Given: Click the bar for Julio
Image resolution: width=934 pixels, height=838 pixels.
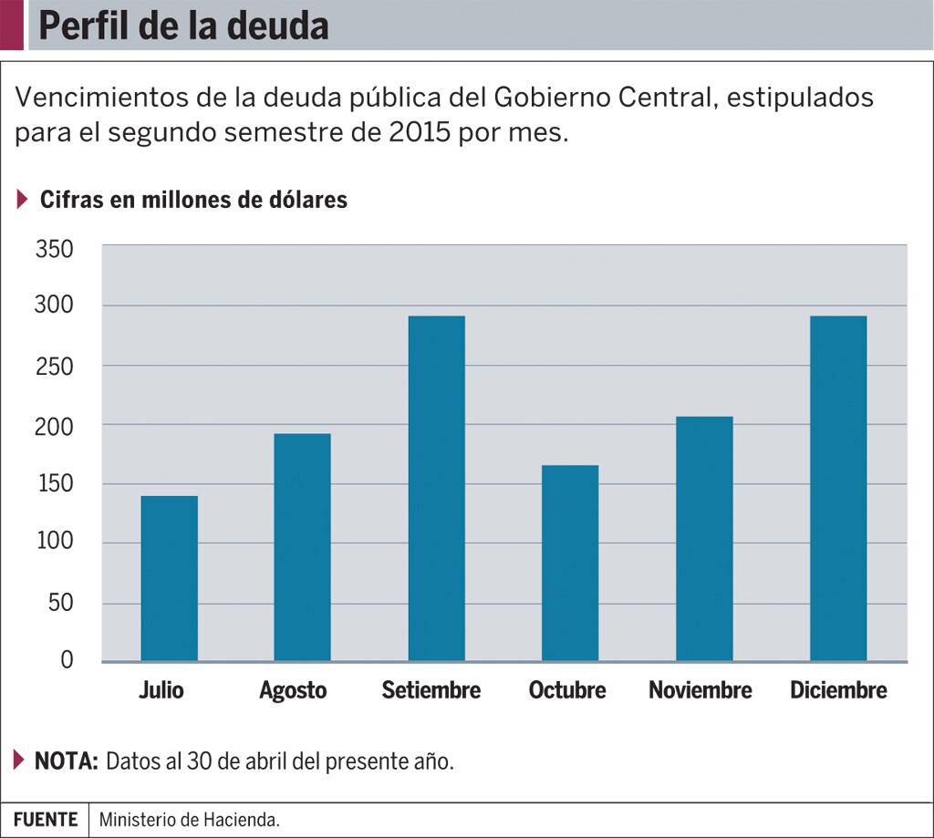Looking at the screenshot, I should (x=169, y=578).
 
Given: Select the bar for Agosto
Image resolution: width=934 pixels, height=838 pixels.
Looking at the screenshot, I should (x=302, y=547).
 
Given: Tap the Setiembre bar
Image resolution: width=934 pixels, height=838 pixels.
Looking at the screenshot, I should (x=436, y=488).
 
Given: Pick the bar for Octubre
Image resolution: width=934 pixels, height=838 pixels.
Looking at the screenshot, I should (x=570, y=563).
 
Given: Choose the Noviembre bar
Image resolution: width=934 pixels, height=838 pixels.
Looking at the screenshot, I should (x=704, y=538).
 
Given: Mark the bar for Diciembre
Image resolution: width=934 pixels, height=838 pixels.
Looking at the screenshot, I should (x=838, y=488).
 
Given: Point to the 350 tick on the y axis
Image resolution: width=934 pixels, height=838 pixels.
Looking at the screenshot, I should (x=54, y=248).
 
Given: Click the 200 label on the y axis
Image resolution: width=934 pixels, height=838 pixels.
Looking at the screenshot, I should (x=54, y=426).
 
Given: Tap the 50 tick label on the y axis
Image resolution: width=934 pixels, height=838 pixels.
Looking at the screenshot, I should (x=60, y=603).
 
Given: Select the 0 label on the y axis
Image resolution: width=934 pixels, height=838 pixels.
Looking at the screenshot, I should (x=67, y=660).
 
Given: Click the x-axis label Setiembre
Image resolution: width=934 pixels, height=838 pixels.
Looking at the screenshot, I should (x=431, y=690).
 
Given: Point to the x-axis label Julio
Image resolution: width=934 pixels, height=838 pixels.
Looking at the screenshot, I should (x=161, y=690).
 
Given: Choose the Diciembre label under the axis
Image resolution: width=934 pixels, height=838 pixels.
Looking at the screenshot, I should (x=838, y=690).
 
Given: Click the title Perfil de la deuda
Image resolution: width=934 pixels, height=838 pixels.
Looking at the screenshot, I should (x=183, y=26).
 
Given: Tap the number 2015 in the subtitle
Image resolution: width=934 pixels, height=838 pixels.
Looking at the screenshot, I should (x=422, y=131).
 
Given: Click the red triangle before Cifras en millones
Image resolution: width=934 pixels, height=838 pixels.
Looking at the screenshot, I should (x=23, y=200).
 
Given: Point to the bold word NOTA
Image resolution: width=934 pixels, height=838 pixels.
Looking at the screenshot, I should (x=67, y=760).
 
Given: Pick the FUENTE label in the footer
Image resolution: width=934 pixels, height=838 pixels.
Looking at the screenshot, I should (x=46, y=820).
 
